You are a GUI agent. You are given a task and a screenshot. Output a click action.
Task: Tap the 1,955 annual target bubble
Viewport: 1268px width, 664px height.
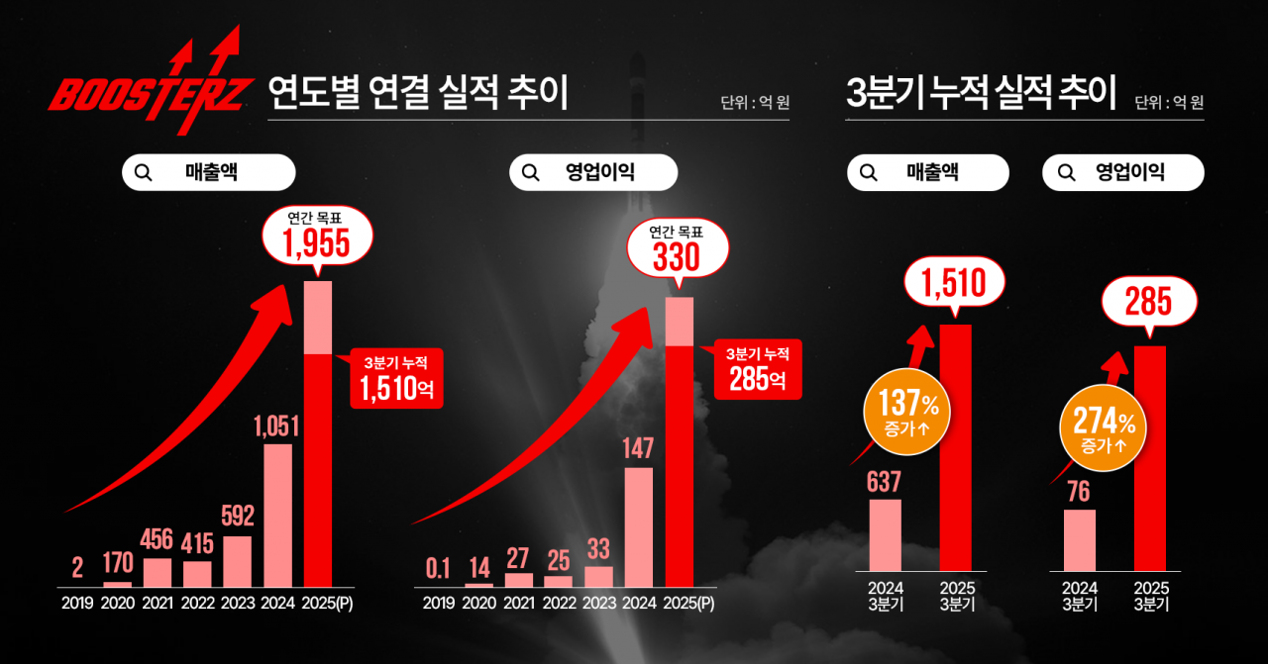coord(317,237)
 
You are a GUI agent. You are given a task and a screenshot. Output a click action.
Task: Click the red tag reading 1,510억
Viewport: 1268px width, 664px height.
coord(395,379)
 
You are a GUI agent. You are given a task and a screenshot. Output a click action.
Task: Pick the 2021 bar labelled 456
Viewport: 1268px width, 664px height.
coord(158,573)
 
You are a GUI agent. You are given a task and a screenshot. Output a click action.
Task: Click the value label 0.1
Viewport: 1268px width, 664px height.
coord(439,568)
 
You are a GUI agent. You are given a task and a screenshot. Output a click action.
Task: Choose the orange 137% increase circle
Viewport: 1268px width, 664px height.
coord(906,416)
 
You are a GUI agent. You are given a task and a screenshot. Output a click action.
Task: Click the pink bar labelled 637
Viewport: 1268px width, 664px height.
coord(885,534)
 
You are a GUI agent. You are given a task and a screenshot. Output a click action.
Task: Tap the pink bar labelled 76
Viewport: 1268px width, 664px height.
coord(1080,540)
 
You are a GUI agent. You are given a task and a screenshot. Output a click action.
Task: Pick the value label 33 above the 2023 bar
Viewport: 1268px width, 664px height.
coord(598,547)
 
